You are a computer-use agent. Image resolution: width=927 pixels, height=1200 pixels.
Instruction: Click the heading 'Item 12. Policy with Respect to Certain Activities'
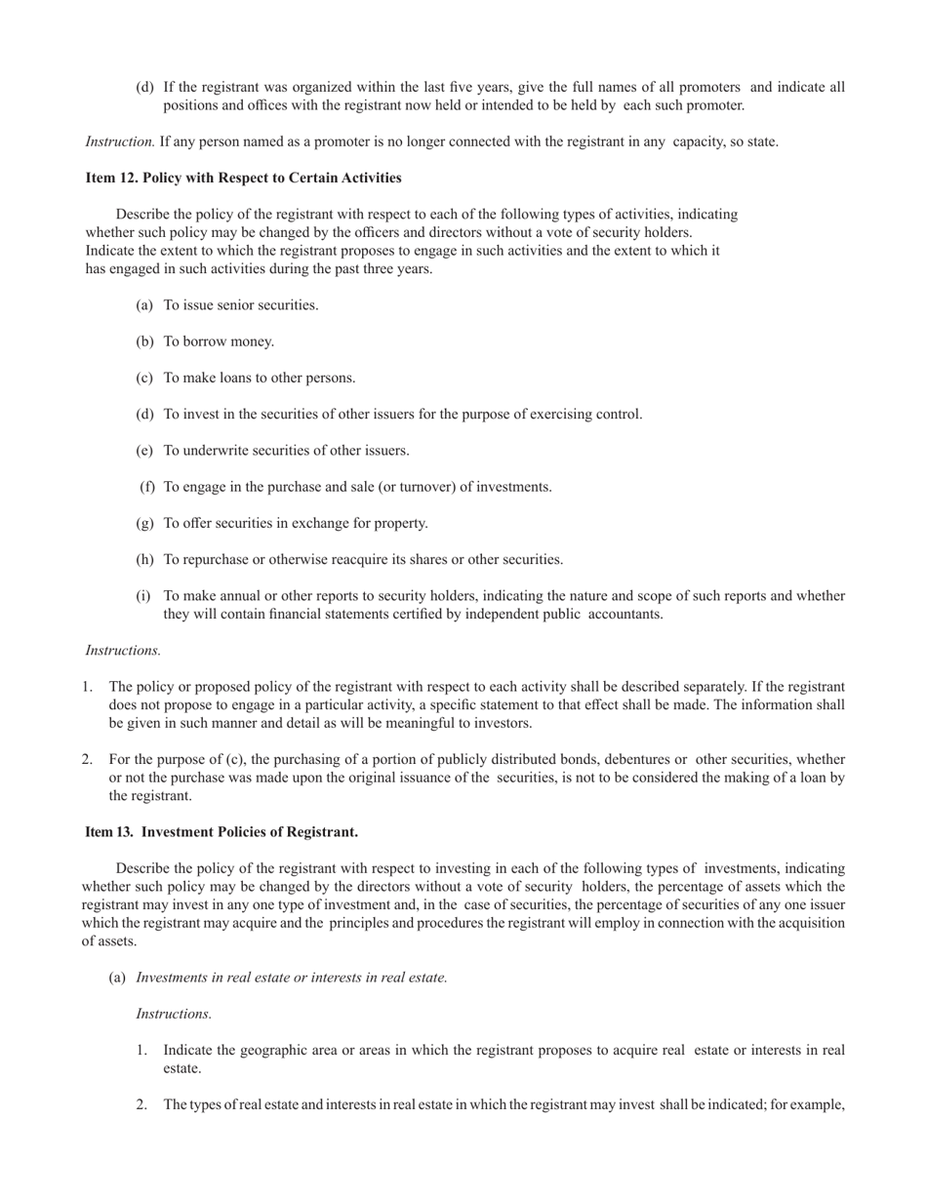[243, 178]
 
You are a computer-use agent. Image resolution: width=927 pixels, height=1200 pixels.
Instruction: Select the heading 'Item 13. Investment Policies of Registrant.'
[222, 831]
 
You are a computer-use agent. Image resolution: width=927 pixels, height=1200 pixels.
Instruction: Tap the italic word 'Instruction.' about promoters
[120, 141]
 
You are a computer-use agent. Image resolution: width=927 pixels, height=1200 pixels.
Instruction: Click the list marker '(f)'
[147, 487]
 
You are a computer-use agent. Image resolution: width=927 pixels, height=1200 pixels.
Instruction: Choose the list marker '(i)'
[143, 596]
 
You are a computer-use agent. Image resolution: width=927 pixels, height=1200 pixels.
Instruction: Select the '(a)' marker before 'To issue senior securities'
[144, 305]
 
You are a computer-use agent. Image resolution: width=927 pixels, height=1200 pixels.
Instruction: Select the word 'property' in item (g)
[400, 523]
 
